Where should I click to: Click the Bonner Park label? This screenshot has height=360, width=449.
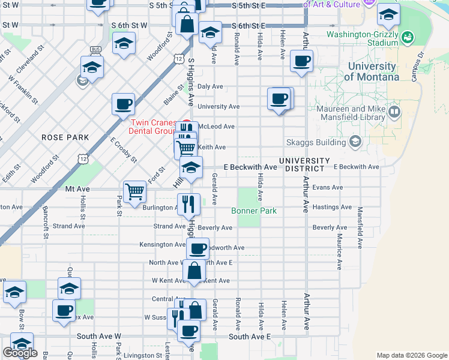pos(254,211)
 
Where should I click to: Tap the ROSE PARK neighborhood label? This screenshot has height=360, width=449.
pos(65,137)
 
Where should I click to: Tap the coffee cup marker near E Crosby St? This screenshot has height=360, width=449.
pos(123,104)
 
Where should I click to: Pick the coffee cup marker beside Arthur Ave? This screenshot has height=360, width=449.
pos(301,61)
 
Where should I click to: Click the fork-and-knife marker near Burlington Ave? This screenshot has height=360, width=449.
pos(188,204)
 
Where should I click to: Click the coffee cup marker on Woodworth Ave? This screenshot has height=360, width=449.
pos(197,248)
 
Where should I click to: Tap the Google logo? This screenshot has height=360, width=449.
pos(20,353)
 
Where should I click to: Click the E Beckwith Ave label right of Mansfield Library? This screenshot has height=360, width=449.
pos(357,167)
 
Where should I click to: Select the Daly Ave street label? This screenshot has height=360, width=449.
pos(210,86)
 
